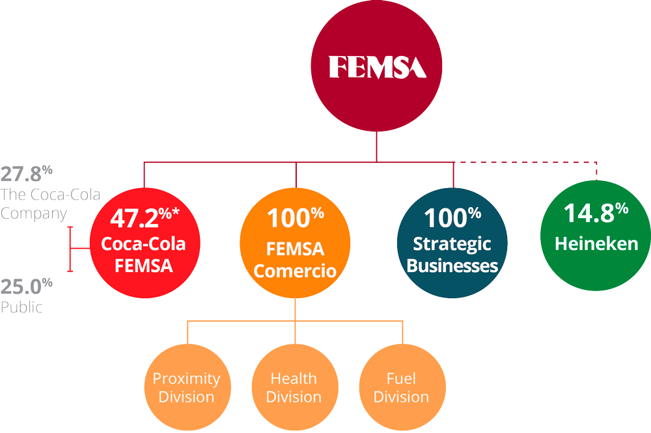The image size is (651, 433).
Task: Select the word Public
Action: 21,307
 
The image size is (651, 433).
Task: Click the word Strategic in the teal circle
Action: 452,245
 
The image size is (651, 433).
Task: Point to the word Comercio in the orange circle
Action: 296,270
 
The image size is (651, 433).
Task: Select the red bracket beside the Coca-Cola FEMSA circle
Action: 70,249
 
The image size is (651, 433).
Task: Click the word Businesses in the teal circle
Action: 452,266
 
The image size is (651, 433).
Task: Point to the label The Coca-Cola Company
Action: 34,203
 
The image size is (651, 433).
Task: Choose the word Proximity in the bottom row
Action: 186,378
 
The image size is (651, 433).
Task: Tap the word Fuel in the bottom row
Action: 401,378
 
